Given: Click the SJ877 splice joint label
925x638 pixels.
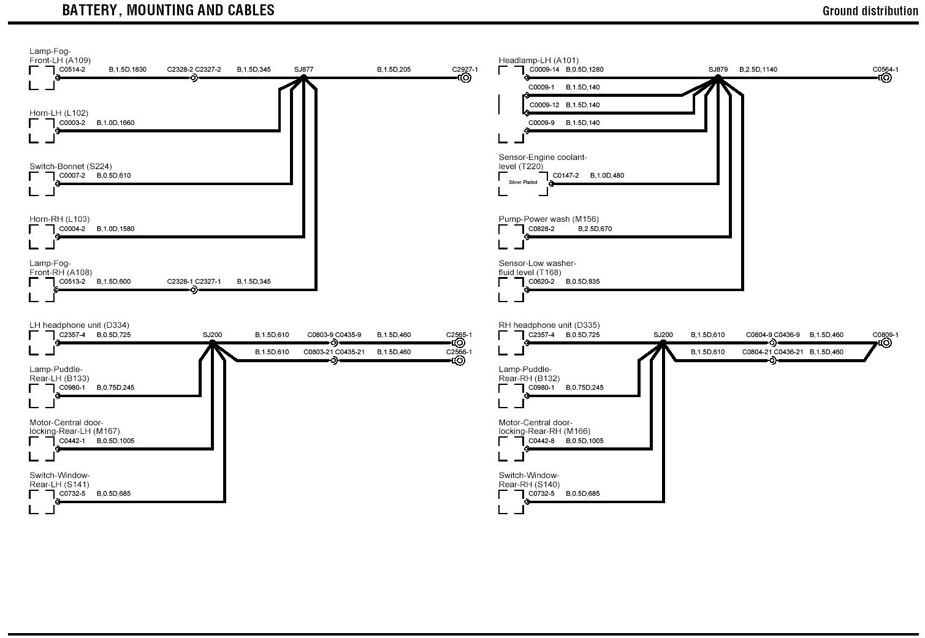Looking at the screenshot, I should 303,69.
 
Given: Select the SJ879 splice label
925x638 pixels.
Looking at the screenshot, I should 718,69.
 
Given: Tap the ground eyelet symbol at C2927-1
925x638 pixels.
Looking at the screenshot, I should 465,78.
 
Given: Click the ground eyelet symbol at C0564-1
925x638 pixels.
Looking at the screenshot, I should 885,78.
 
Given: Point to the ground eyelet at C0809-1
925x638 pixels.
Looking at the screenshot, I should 885,343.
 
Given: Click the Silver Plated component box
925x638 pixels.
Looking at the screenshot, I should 523,183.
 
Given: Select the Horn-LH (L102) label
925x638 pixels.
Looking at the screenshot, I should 59,113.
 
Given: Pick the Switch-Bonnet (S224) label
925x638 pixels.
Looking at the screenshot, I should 70,166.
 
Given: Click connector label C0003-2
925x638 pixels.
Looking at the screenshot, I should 72,123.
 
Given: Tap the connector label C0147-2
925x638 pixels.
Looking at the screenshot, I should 566,176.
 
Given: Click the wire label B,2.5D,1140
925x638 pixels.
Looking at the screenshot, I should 758,69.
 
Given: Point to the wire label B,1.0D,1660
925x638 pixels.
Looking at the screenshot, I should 115,123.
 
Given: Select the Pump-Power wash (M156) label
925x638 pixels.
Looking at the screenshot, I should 549,219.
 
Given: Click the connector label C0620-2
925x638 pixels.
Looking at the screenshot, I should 541,282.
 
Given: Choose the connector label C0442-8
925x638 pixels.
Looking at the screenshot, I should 541,441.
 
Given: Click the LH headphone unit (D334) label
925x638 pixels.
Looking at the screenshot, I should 79,325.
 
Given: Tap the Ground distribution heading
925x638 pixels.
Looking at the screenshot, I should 870,11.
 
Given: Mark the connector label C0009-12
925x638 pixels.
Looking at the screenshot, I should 544,105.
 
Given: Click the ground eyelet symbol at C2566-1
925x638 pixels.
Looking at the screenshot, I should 459,360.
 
